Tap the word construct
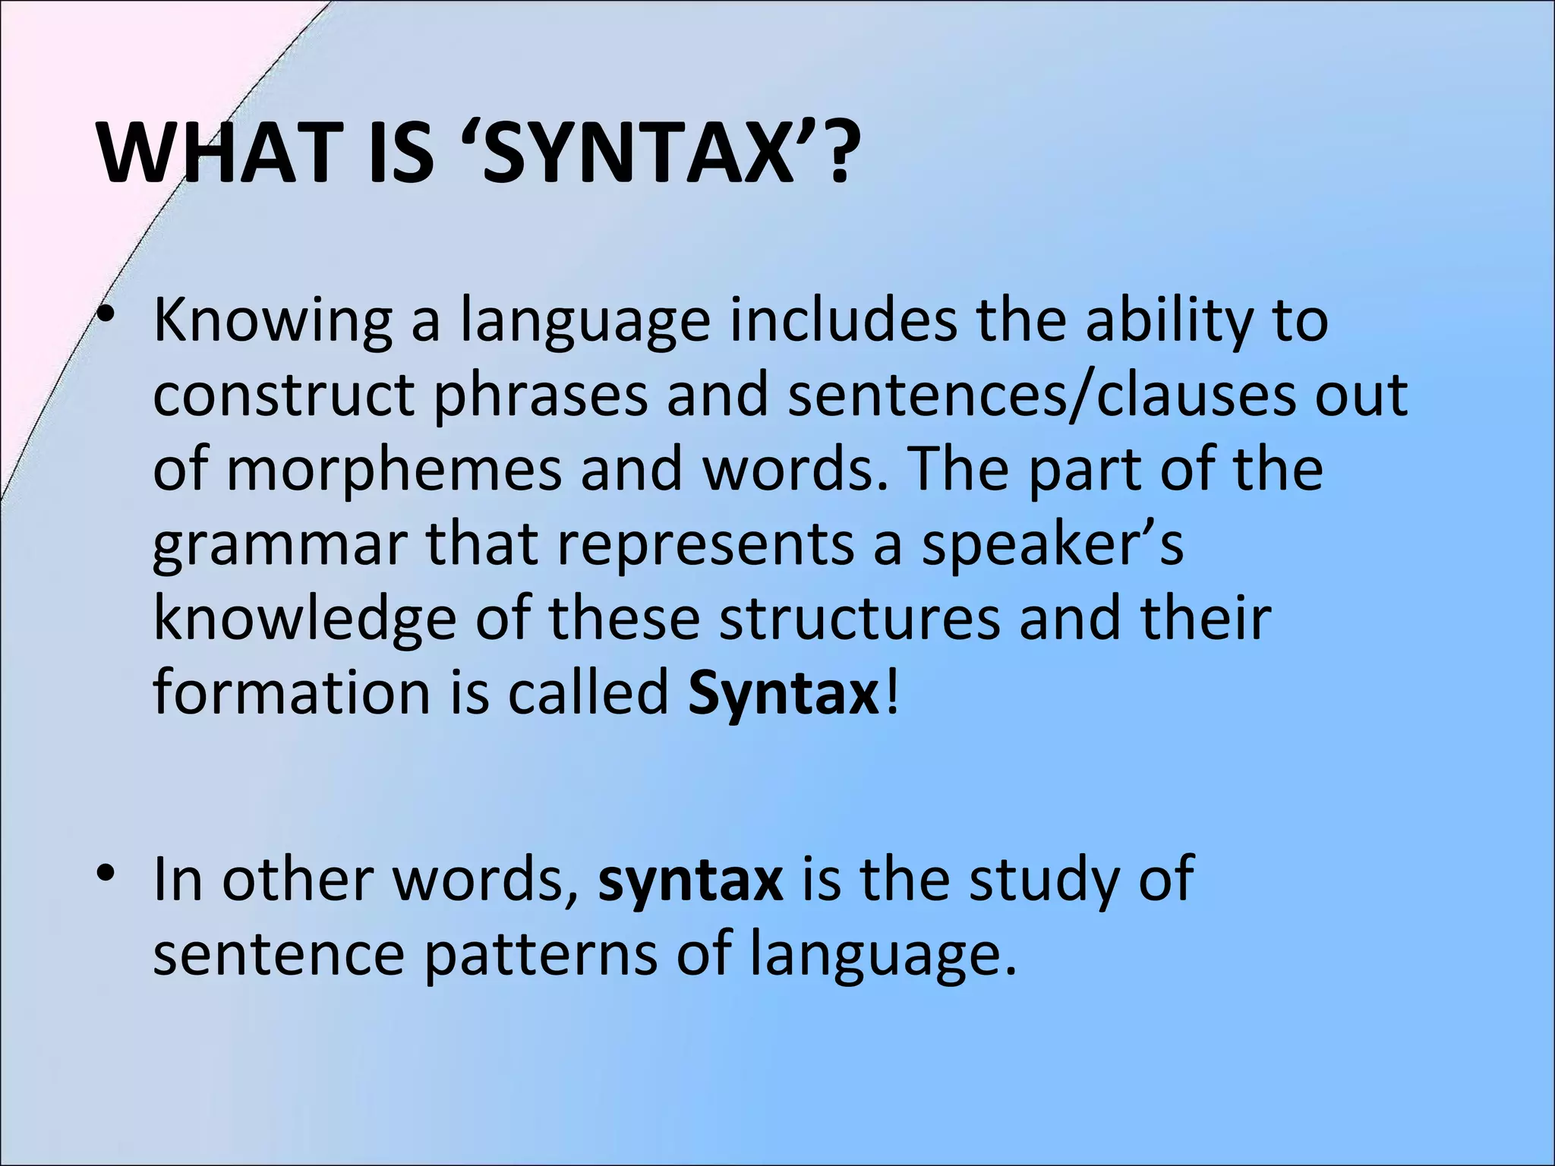pyautogui.click(x=283, y=396)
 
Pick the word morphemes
pyautogui.click(x=394, y=471)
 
